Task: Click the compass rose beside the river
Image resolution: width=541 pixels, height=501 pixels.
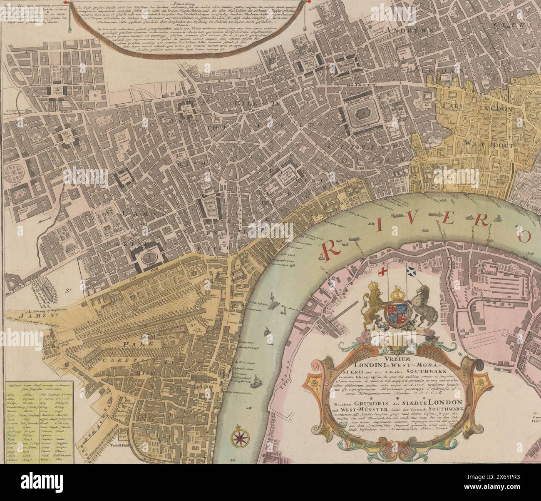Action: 239,436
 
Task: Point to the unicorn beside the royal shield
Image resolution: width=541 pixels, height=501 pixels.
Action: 421,309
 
